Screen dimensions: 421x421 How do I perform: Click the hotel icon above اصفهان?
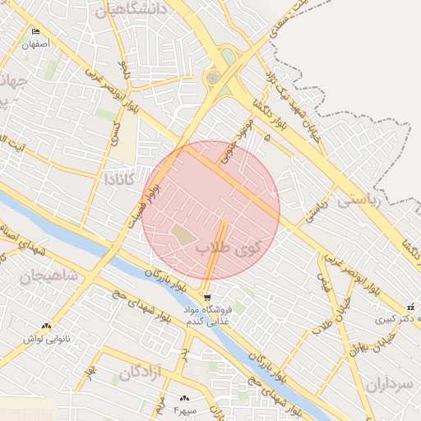35,31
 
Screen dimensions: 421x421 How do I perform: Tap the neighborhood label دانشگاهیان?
132,8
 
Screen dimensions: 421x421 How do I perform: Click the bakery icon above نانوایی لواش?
46,326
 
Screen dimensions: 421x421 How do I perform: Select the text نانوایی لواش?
46,338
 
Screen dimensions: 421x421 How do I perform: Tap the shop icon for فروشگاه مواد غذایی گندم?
207,297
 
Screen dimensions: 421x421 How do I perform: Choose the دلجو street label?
123,68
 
